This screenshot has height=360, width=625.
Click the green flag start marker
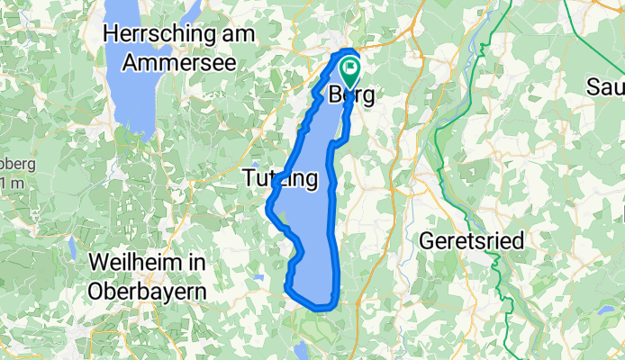click(349, 69)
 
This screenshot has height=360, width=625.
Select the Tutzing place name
click(280, 180)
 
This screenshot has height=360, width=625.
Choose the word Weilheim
click(133, 263)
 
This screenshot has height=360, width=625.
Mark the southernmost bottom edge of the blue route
click(320, 309)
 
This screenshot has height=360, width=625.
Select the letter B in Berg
click(337, 94)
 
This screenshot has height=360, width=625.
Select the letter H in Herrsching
click(112, 33)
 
